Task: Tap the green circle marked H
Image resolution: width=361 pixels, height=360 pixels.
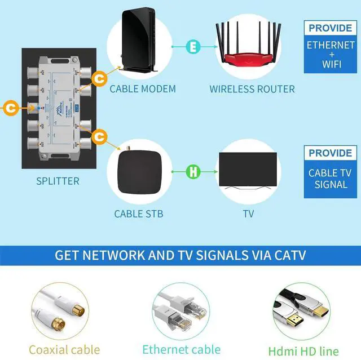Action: coord(193,170)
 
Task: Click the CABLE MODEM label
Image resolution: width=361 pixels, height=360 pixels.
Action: coord(143,88)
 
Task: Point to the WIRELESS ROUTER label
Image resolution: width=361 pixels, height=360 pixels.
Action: coord(252,89)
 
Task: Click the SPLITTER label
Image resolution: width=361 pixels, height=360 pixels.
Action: coord(58,181)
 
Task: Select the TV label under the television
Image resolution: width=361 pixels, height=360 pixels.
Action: coord(248,214)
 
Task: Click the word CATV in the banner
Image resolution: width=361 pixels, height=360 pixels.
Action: coord(285,255)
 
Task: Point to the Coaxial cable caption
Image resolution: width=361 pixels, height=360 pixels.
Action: coord(64,349)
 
